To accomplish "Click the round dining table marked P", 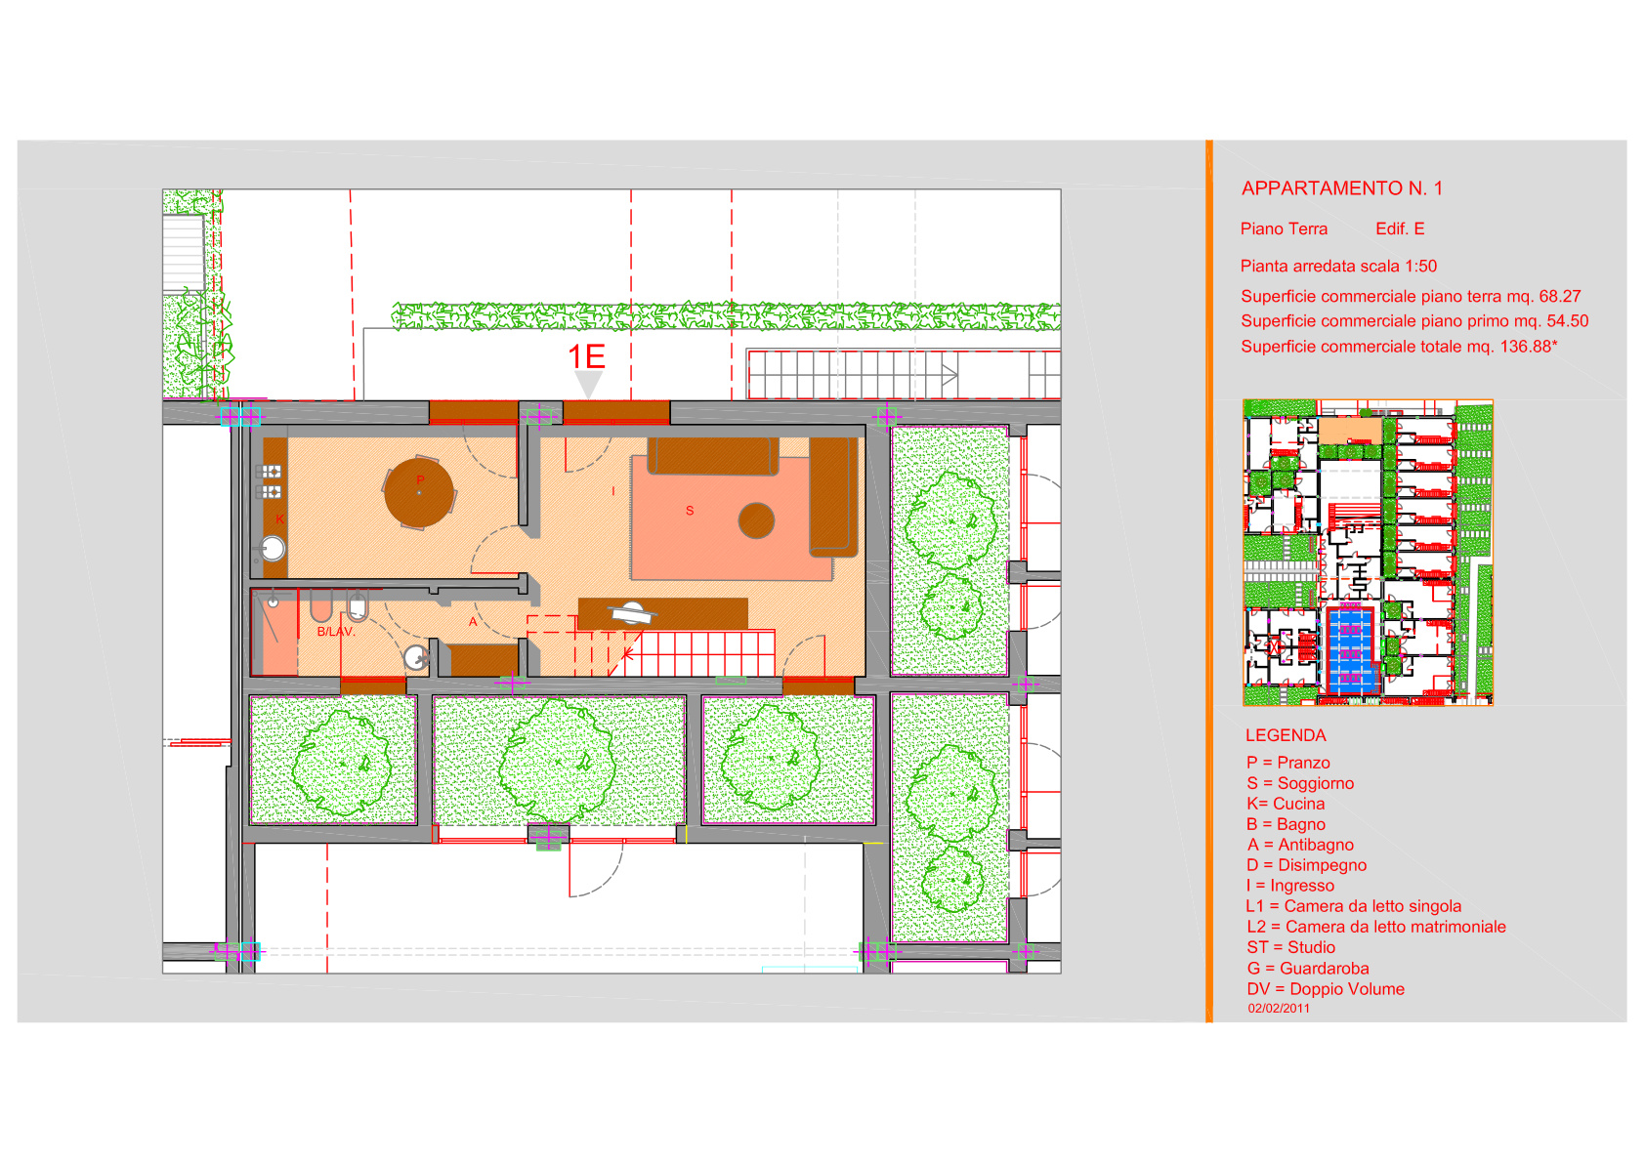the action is (x=419, y=492).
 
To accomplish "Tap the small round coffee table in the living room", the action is (x=756, y=521).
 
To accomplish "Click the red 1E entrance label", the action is (x=587, y=356).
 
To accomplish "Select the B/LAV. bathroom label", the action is (x=336, y=631).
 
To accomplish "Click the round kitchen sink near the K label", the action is (x=273, y=549).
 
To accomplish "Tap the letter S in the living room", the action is (x=690, y=510).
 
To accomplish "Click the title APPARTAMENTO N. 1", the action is (x=1342, y=188).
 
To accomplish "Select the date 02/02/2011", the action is (x=1279, y=1009).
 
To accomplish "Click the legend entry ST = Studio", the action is (x=1290, y=947).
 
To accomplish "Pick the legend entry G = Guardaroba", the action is (x=1307, y=969).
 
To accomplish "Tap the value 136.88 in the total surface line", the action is (x=1526, y=347).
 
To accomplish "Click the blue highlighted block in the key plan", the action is (x=1351, y=650).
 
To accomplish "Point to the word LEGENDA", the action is (x=1286, y=735).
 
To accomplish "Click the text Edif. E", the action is (x=1400, y=229).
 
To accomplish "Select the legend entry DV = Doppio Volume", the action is (x=1325, y=989).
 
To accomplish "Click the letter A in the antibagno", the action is (x=473, y=622).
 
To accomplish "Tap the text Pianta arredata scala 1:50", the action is (x=1338, y=266).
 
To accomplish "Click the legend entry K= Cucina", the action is (x=1286, y=804).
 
